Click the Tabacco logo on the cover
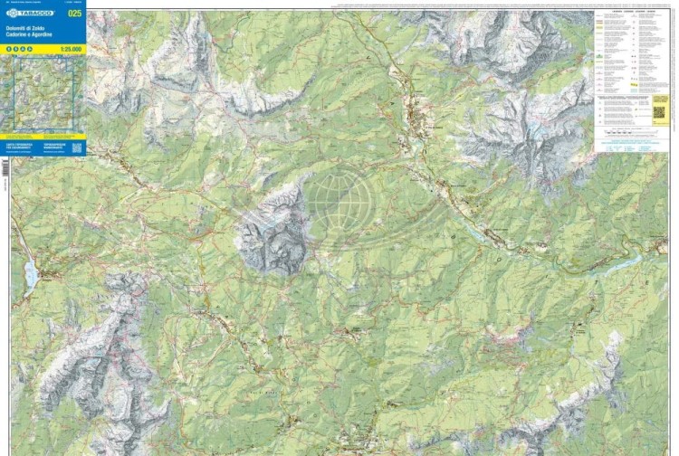[29, 14]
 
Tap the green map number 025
[75, 13]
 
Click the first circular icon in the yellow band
[9, 49]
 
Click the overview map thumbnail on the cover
[43, 94]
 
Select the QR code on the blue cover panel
[77, 147]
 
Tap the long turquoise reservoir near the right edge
[625, 263]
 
